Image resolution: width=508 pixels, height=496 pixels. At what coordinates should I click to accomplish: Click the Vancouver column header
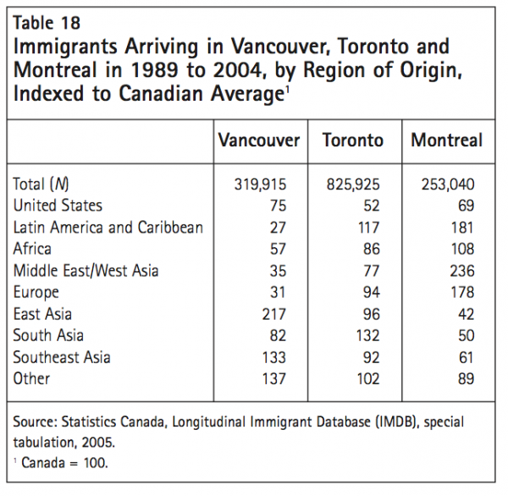click(259, 141)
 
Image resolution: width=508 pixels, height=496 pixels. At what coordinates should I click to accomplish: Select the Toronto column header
click(353, 141)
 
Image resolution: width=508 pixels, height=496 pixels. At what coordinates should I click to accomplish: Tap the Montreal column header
click(447, 141)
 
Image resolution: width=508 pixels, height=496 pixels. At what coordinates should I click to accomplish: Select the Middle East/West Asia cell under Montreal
click(462, 270)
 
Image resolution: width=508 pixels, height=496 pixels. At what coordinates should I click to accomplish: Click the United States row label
click(58, 205)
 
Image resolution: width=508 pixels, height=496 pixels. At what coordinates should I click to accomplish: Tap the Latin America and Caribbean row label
click(108, 227)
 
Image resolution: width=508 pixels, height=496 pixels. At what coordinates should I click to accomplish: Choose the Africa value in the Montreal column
click(462, 249)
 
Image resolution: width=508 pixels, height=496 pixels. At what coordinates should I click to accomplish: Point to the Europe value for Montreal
click(462, 292)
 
